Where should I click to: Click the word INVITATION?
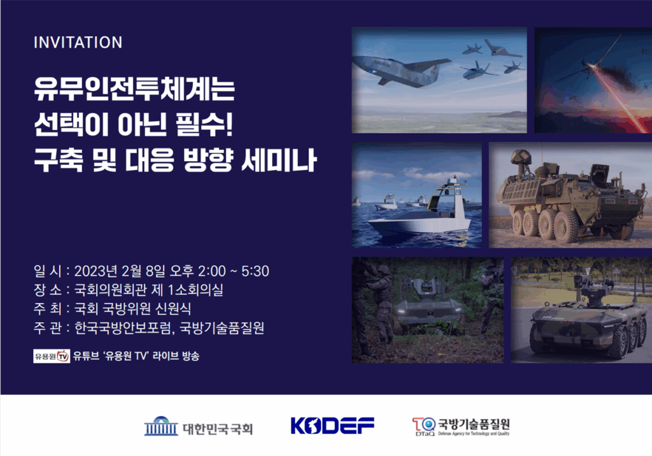[x=78, y=43]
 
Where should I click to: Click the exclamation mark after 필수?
[x=229, y=124]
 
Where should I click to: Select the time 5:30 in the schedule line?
[x=255, y=271]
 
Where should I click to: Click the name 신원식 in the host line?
[x=173, y=309]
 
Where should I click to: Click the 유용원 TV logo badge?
[x=52, y=356]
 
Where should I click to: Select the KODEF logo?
[x=332, y=425]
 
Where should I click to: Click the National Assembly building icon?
[x=161, y=426]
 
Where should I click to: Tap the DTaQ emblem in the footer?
[x=423, y=427]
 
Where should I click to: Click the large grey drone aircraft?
[x=401, y=70]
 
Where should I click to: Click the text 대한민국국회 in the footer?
[x=218, y=429]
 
